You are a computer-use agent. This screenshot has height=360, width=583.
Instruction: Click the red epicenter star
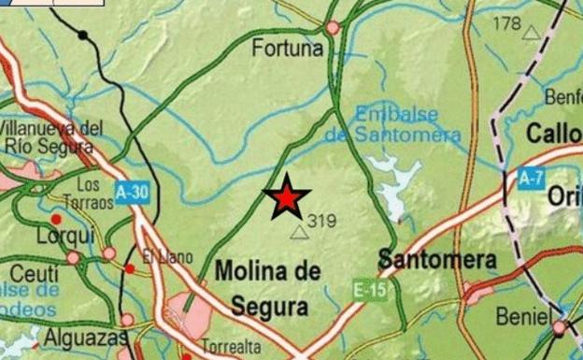pyautogui.click(x=287, y=197)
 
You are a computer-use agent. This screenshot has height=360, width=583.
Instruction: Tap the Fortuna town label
pyautogui.click(x=287, y=47)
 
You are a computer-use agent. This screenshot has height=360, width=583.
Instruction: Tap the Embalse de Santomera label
pyautogui.click(x=393, y=123)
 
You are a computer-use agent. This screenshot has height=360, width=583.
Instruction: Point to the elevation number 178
pyautogui.click(x=507, y=22)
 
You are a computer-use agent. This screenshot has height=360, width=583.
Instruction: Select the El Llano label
pyautogui.click(x=167, y=257)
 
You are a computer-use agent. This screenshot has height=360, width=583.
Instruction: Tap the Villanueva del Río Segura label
pyautogui.click(x=51, y=136)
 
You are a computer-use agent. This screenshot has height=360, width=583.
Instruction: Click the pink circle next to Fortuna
pyautogui.click(x=333, y=28)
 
